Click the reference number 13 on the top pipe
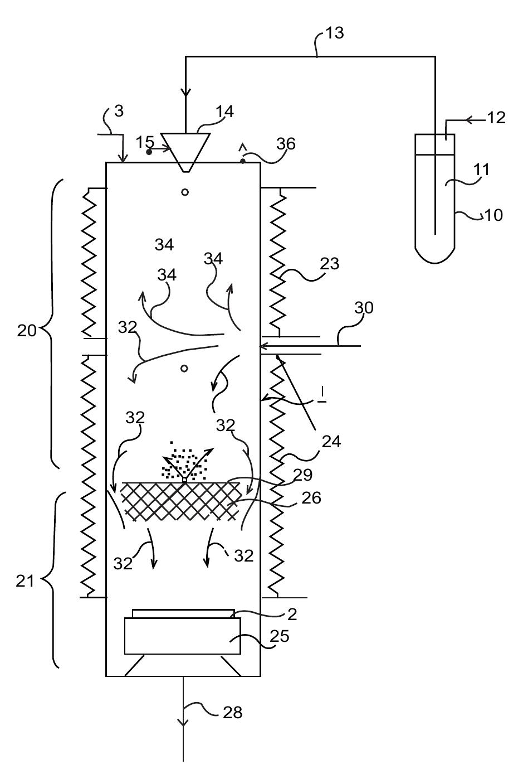tap(335, 33)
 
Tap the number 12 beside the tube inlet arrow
tap(496, 118)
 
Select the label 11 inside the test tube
tap(482, 169)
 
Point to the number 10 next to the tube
tap(493, 215)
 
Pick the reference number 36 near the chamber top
tap(286, 144)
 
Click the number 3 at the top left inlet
tap(118, 111)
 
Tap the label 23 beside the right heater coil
tap(329, 263)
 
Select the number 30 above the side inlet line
tap(364, 308)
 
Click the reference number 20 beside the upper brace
tap(26, 331)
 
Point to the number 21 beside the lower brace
tap(25, 581)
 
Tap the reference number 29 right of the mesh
tap(303, 475)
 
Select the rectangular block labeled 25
tap(183, 636)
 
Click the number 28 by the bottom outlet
tap(233, 712)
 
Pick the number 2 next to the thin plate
tap(292, 614)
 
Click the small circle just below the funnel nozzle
tap(185, 192)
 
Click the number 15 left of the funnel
tap(144, 142)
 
